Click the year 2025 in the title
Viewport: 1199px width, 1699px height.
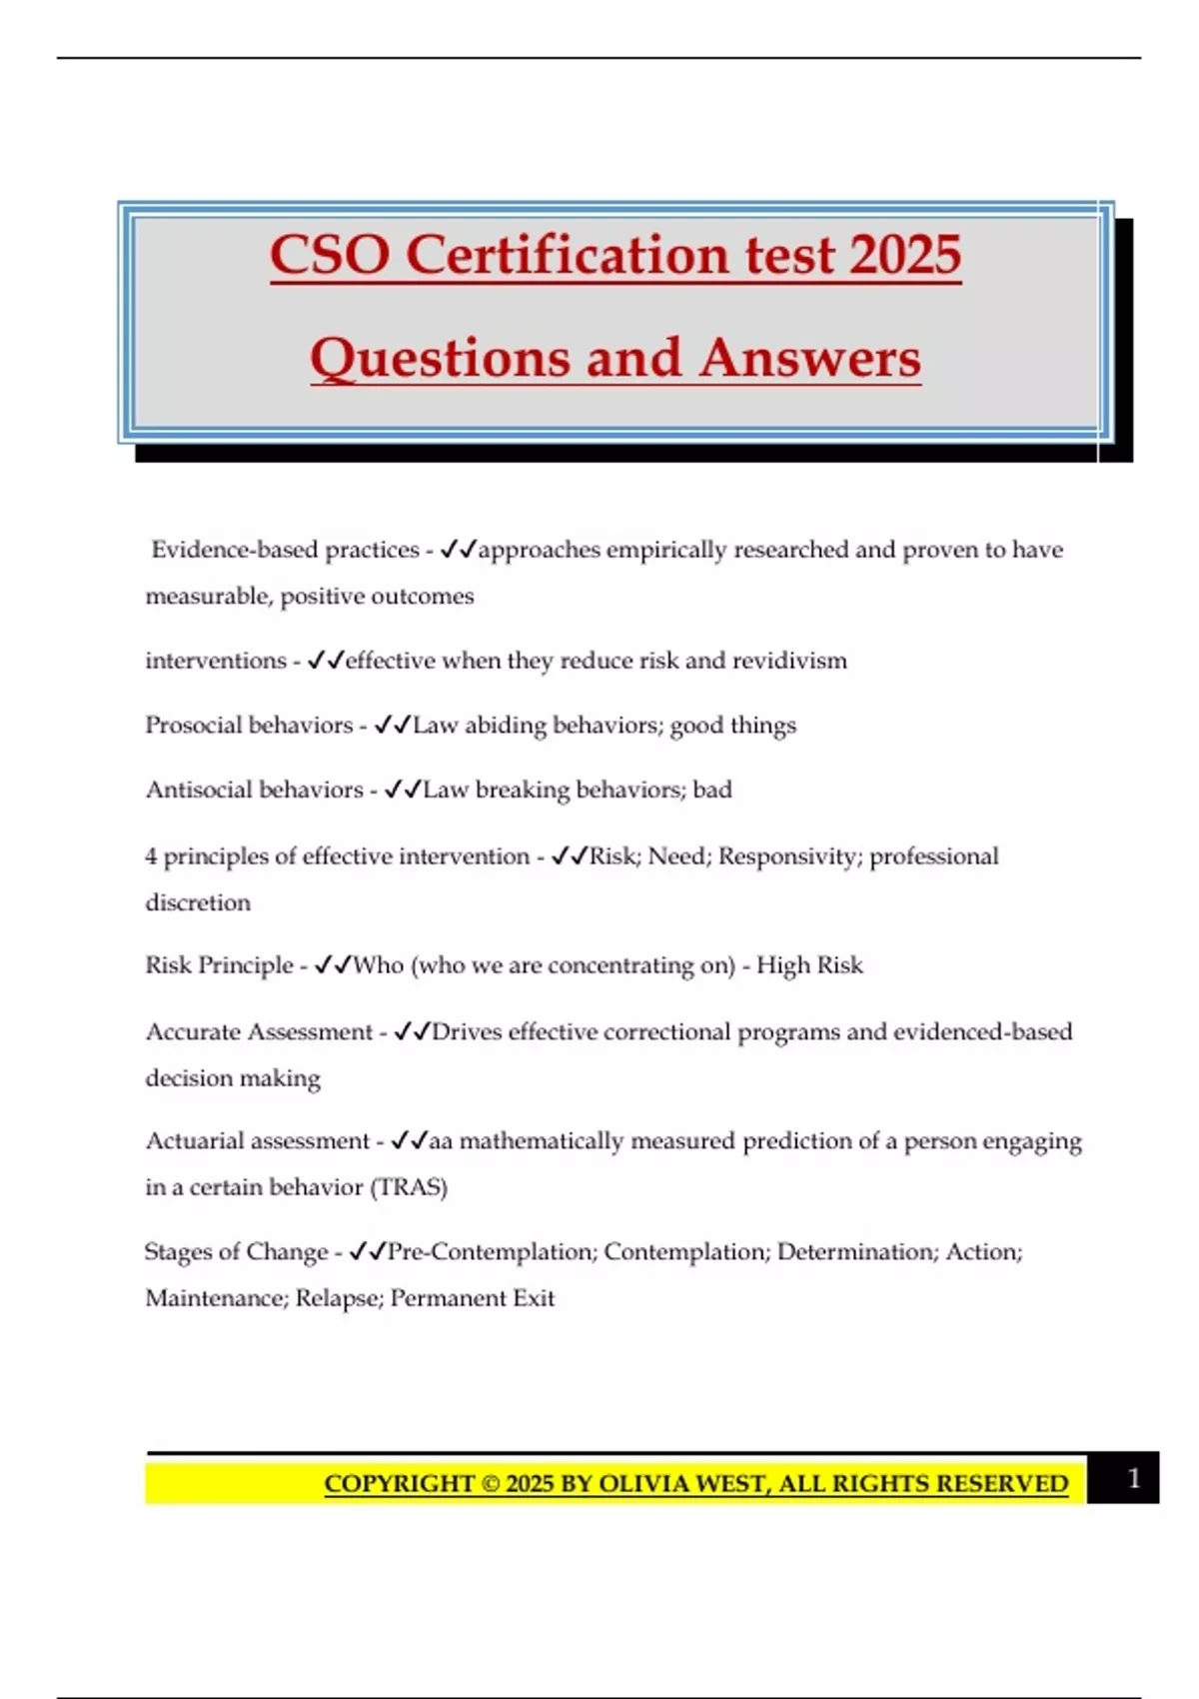(x=905, y=255)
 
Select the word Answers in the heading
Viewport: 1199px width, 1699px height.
(x=809, y=358)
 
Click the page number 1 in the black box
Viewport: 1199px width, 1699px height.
(x=1133, y=1478)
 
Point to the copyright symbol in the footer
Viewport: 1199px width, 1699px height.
(x=490, y=1484)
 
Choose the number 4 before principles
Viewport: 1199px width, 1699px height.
(x=151, y=856)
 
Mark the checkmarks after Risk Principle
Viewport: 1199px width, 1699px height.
(x=333, y=965)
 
